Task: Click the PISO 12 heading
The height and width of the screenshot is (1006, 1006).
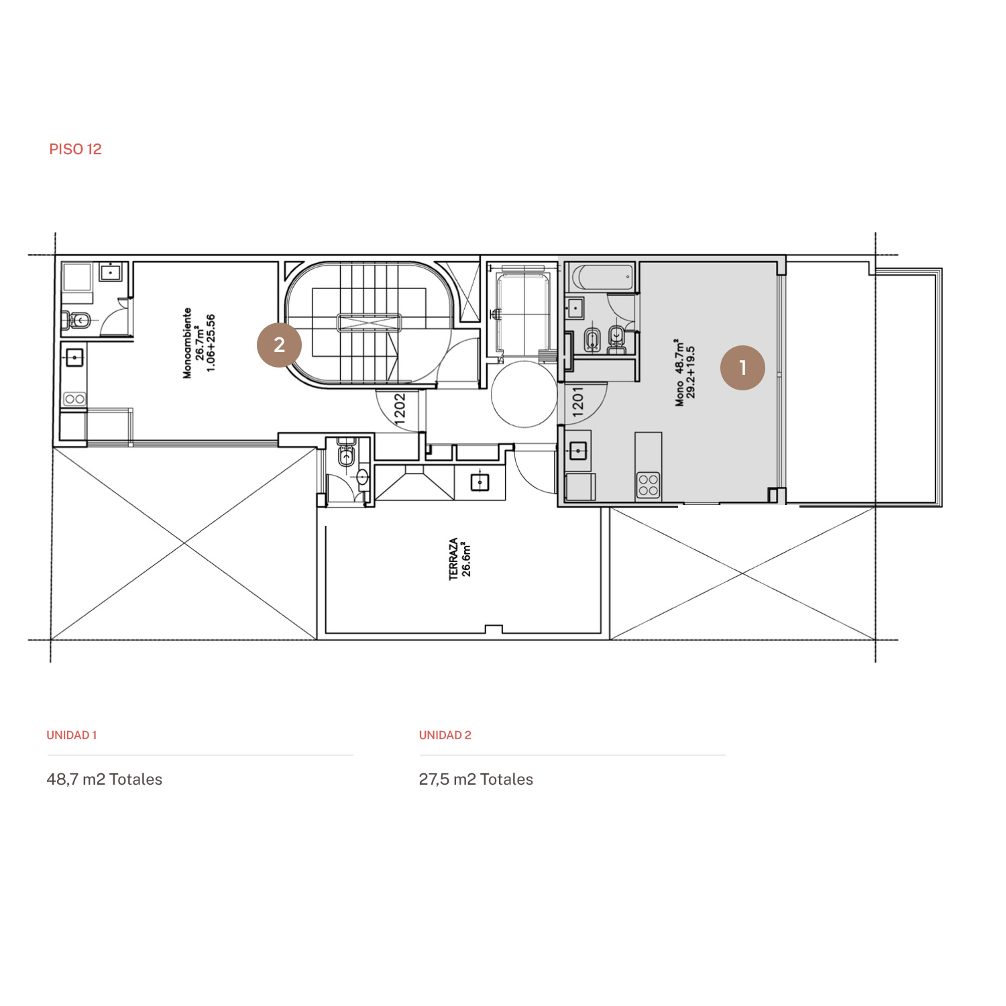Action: [75, 149]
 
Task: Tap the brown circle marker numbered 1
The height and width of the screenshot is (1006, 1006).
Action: [742, 368]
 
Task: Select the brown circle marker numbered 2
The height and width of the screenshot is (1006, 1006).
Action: [280, 345]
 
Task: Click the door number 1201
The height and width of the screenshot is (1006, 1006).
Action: [578, 402]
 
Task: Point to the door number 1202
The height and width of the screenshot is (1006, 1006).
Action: [399, 408]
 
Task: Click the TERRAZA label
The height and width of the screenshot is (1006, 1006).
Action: [454, 559]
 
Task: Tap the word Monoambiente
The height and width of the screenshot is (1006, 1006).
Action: [187, 343]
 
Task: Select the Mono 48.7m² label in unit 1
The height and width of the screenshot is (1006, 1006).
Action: [680, 372]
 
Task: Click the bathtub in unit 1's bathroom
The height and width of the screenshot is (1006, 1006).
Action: [601, 277]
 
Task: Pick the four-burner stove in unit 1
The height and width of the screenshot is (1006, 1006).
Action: [648, 485]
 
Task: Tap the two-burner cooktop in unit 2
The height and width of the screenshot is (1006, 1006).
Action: [74, 399]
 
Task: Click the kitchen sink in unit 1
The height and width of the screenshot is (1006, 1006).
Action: [578, 451]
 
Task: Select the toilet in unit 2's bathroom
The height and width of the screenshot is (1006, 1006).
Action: [79, 320]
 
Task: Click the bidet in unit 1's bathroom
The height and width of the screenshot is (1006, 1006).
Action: [592, 339]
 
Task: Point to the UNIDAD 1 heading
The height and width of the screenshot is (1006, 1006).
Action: [72, 735]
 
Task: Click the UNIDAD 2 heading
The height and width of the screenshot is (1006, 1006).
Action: [445, 735]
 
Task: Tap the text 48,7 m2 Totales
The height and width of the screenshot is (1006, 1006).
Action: [105, 779]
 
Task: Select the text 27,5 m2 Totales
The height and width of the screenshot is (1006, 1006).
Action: [476, 779]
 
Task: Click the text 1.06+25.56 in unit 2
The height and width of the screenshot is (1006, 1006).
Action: [211, 343]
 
